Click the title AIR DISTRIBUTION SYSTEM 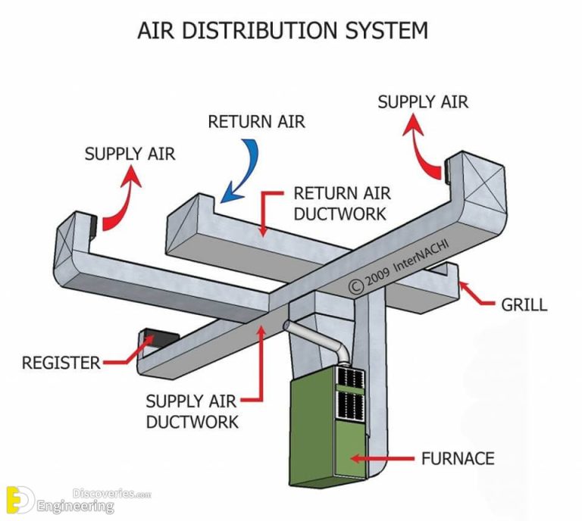pyautogui.click(x=282, y=30)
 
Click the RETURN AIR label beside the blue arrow pyautogui.click(x=256, y=122)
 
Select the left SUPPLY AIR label pyautogui.click(x=130, y=154)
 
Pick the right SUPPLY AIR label pyautogui.click(x=423, y=101)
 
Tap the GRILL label pyautogui.click(x=524, y=305)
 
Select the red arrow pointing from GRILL pyautogui.click(x=476, y=295)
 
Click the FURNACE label pyautogui.click(x=458, y=458)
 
